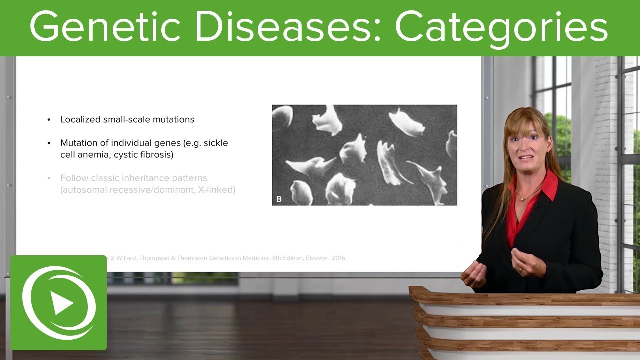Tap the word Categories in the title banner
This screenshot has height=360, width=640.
tap(501, 27)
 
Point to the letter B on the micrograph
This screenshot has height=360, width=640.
tap(279, 199)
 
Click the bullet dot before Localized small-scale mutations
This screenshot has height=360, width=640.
tap(49, 120)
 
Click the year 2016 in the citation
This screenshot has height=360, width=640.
tap(337, 258)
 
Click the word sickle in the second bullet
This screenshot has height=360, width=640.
tap(217, 143)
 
